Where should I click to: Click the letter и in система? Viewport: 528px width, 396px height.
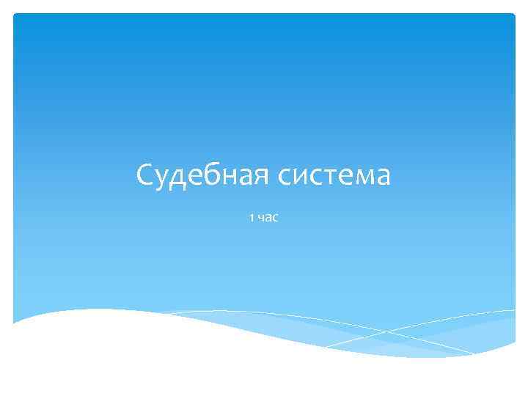pyautogui.click(x=306, y=178)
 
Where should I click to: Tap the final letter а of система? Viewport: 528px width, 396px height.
pyautogui.click(x=384, y=178)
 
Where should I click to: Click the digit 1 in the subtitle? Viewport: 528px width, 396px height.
pyautogui.click(x=252, y=218)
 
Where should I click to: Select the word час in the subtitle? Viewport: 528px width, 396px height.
pyautogui.click(x=268, y=218)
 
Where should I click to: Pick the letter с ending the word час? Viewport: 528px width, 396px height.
pyautogui.click(x=275, y=219)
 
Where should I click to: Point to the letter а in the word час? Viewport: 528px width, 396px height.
pyautogui.click(x=268, y=219)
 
